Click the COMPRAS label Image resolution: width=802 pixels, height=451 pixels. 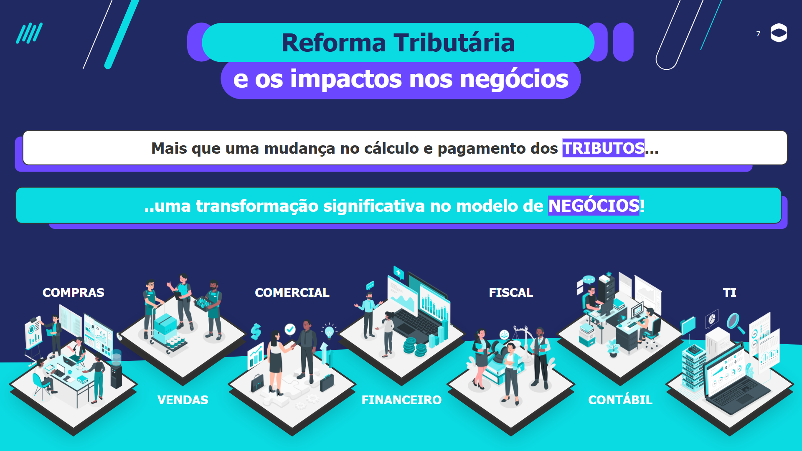pyautogui.click(x=74, y=293)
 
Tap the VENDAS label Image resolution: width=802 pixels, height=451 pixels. pyautogui.click(x=183, y=400)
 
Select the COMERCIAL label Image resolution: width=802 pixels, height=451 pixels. pyautogui.click(x=292, y=293)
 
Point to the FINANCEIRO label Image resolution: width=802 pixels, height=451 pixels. pyautogui.click(x=401, y=400)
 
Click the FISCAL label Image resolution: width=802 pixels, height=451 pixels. pyautogui.click(x=511, y=293)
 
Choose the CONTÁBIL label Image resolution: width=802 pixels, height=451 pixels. pyautogui.click(x=620, y=400)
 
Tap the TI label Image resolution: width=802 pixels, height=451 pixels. pyautogui.click(x=730, y=293)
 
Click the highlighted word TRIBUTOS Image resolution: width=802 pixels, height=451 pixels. pyautogui.click(x=603, y=148)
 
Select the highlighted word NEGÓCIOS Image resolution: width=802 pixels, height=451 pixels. pyautogui.click(x=594, y=205)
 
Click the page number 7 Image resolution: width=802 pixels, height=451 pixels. pyautogui.click(x=758, y=34)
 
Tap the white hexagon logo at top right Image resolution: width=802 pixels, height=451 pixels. pyautogui.click(x=779, y=33)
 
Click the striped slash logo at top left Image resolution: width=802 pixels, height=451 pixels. pyautogui.click(x=29, y=33)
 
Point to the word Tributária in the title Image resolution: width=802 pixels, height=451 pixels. pyautogui.click(x=454, y=43)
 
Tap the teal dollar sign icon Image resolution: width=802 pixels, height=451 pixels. pyautogui.click(x=256, y=332)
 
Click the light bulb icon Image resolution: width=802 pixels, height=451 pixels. pyautogui.click(x=330, y=332)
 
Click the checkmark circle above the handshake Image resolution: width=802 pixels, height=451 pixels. pyautogui.click(x=290, y=329)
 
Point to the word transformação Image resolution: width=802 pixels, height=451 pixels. pyautogui.click(x=257, y=206)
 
